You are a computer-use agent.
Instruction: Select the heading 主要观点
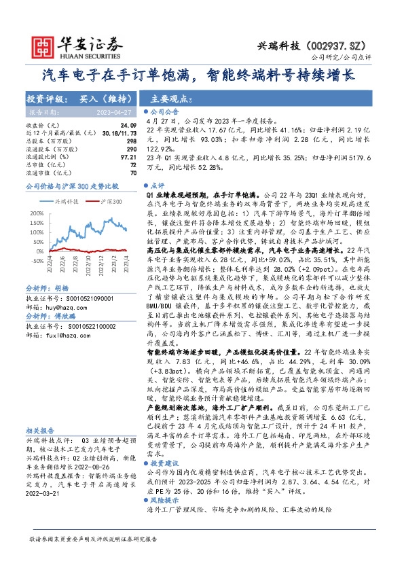point(168,97)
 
